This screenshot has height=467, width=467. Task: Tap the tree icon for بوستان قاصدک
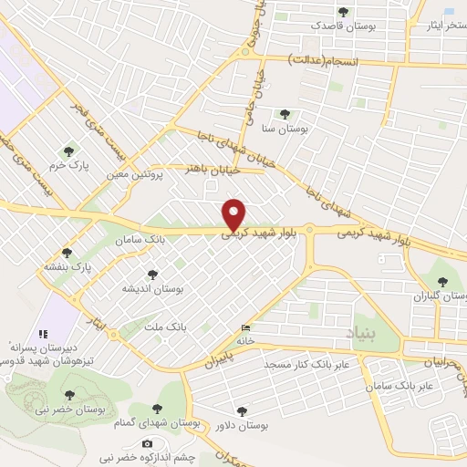[343, 12]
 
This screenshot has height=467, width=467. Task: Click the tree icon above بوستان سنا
[285, 115]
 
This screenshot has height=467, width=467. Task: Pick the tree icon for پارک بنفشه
[66, 253]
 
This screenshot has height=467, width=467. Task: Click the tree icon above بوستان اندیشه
[152, 274]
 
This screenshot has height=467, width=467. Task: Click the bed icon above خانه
[244, 327]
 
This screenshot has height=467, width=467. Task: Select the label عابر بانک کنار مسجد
[315, 366]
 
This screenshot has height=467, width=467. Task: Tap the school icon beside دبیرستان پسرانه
[42, 335]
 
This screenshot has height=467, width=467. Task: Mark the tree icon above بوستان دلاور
[241, 412]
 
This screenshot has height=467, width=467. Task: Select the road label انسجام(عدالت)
[324, 59]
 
